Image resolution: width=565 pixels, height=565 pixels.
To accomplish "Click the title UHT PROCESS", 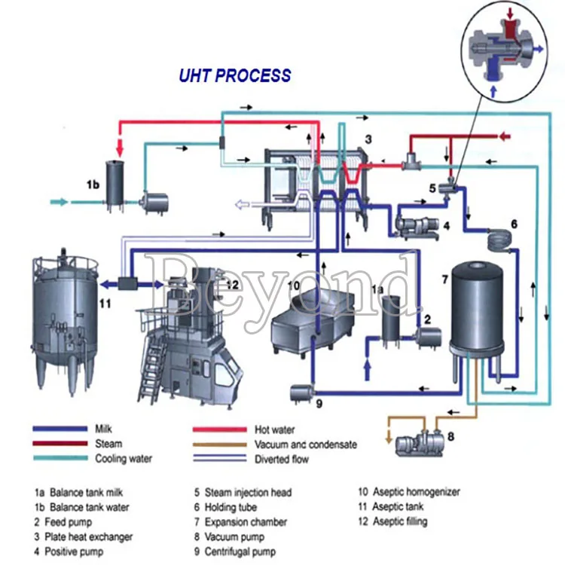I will [234, 75].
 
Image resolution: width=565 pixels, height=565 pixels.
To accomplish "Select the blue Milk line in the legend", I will [60, 429].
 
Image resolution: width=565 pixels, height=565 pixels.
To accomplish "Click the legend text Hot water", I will [274, 429].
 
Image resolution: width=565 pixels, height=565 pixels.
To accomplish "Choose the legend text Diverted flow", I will [281, 458].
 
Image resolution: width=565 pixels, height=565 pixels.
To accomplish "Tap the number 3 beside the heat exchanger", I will [368, 139].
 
